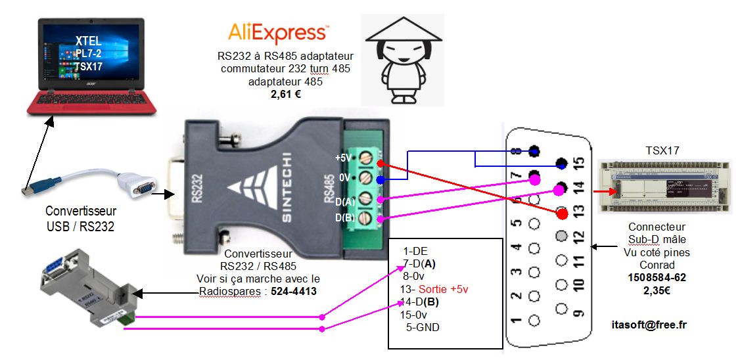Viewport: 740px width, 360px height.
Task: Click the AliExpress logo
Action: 278,32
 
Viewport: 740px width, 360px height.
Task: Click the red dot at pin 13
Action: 561,213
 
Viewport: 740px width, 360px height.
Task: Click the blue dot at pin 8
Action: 535,152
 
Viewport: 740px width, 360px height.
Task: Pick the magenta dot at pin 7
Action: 535,179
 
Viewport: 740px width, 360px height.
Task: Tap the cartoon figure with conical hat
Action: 402,59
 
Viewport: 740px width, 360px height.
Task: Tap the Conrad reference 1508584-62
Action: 657,277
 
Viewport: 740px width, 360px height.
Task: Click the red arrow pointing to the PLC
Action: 602,192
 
